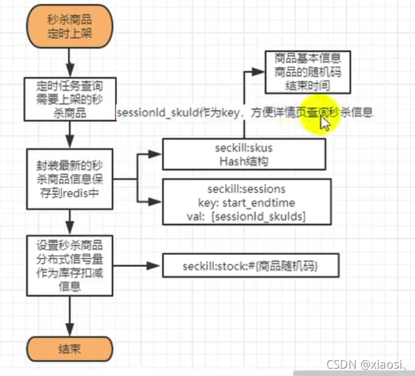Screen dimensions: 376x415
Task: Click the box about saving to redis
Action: (x=69, y=179)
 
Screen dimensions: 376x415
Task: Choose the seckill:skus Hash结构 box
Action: (x=244, y=154)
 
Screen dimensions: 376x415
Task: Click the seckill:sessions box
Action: (x=246, y=202)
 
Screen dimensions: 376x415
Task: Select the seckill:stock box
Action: (x=250, y=266)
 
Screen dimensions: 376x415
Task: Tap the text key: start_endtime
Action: (x=246, y=202)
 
